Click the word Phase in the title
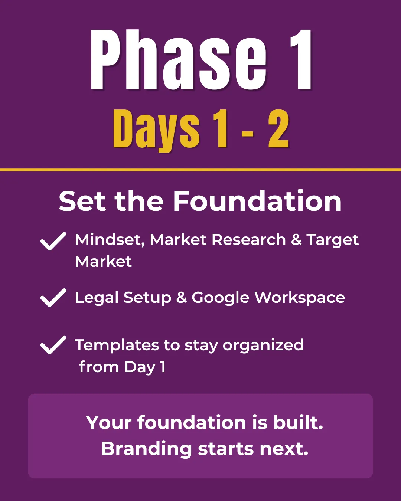click(x=178, y=60)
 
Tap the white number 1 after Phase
click(x=301, y=60)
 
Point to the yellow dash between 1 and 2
click(x=248, y=134)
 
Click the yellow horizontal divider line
click(x=200, y=170)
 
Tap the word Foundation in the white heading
click(x=257, y=201)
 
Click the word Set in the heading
click(x=82, y=201)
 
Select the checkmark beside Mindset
click(x=53, y=241)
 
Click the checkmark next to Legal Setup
click(x=53, y=298)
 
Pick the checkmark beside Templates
click(x=53, y=345)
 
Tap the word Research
click(x=249, y=240)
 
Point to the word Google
click(x=221, y=298)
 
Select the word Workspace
click(x=300, y=298)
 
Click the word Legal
click(x=97, y=298)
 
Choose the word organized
click(x=263, y=346)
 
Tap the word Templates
click(x=117, y=346)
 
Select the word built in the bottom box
click(x=298, y=423)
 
